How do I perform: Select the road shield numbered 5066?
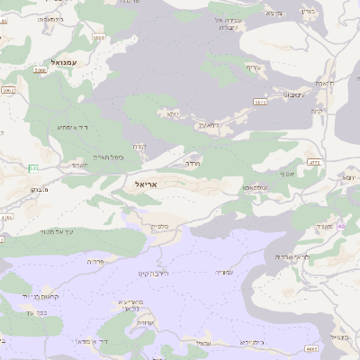[40, 69]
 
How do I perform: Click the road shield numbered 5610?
[98, 38]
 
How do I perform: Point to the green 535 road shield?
[33, 168]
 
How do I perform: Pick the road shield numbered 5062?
[8, 91]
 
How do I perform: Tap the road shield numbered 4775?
[314, 162]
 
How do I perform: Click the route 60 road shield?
[341, 227]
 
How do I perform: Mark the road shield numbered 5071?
[260, 103]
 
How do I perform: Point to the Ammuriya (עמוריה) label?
[224, 271]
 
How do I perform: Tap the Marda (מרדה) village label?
[193, 165]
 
